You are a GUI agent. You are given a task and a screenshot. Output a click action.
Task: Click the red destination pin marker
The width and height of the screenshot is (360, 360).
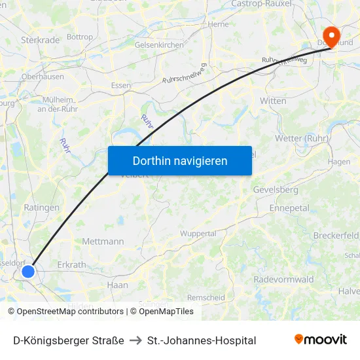pyautogui.click(x=332, y=35)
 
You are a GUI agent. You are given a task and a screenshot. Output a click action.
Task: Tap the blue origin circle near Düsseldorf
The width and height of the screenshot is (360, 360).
pyautogui.click(x=28, y=271)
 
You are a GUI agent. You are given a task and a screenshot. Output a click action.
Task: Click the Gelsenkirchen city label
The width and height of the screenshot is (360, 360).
pyautogui.click(x=159, y=45)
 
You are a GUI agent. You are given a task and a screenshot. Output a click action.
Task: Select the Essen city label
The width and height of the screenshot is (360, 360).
pyautogui.click(x=121, y=85)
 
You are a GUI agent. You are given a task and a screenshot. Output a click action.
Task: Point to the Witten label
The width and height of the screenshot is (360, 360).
pyautogui.click(x=273, y=101)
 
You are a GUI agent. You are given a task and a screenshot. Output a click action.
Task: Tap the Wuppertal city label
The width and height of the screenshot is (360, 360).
pyautogui.click(x=198, y=234)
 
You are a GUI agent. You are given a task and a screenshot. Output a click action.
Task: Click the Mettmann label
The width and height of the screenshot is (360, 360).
pyautogui.click(x=103, y=242)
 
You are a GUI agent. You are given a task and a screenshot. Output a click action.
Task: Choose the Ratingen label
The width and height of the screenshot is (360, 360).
pyautogui.click(x=41, y=207)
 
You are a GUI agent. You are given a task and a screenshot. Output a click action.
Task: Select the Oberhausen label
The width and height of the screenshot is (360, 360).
pyautogui.click(x=43, y=76)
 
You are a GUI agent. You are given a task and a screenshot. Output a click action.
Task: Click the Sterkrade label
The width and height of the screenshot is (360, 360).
pyautogui.click(x=40, y=40)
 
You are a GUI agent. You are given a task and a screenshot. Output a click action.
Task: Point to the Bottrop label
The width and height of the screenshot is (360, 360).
pyautogui.click(x=80, y=37)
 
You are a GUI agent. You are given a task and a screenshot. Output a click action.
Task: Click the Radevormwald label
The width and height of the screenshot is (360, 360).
pyautogui.click(x=285, y=279)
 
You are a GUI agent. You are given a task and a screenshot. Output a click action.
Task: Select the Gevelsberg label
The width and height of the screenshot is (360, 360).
pyautogui.click(x=276, y=190)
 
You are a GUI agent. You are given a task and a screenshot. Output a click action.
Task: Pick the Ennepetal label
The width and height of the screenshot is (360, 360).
pyautogui.click(x=289, y=207)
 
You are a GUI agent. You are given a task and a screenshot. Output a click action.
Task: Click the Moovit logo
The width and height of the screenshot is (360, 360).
pyautogui.click(x=320, y=340)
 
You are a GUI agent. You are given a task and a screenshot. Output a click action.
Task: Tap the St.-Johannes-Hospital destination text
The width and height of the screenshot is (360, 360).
pyautogui.click(x=202, y=340)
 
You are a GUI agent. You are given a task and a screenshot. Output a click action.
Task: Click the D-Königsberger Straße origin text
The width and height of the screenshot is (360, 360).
pyautogui.click(x=69, y=340)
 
